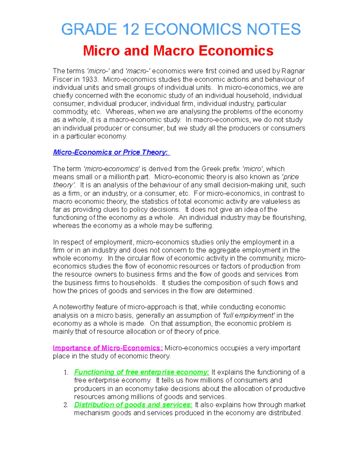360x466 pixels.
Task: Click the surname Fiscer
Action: coord(62,80)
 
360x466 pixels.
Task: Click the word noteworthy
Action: coord(76,307)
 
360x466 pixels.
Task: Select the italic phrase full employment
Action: coord(248,315)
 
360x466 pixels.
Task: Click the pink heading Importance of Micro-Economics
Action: coord(108,348)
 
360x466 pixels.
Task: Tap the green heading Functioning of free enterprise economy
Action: coord(141,372)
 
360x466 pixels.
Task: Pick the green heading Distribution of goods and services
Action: coord(133,405)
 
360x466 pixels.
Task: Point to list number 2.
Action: coord(66,405)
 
